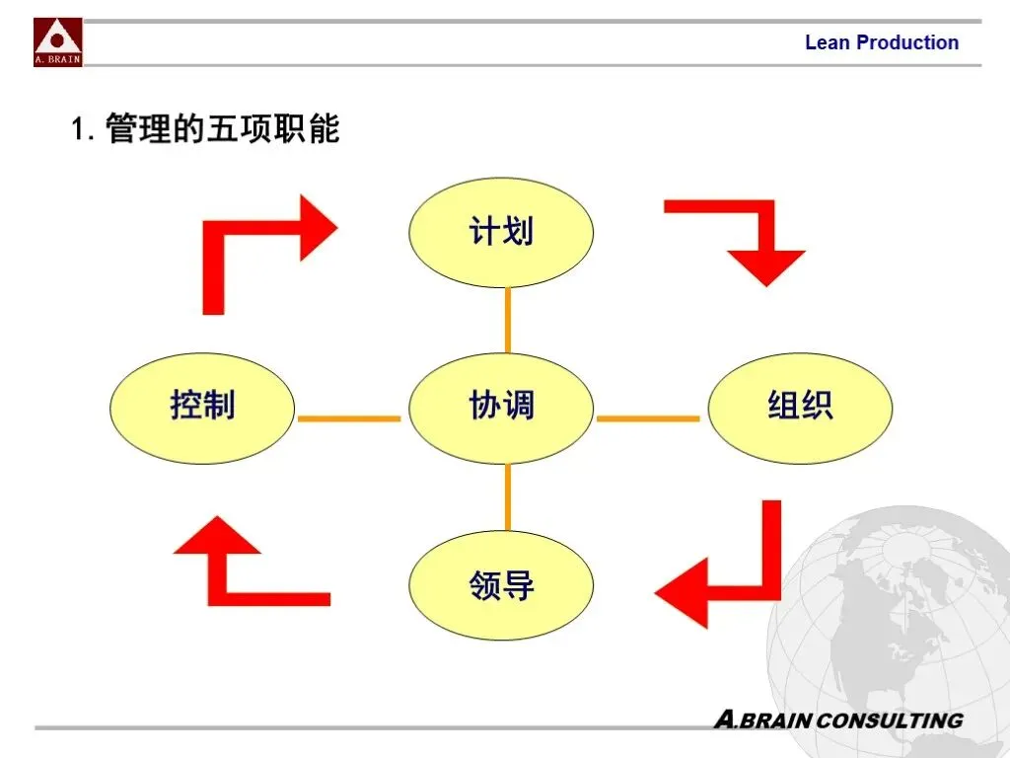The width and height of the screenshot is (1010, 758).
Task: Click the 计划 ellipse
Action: [501, 233]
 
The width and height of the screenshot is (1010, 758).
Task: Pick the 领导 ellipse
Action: [501, 585]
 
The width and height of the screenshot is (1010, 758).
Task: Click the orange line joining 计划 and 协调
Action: [508, 320]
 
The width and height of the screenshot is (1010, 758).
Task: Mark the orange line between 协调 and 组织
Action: [648, 418]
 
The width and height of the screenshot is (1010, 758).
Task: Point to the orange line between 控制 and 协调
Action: [349, 418]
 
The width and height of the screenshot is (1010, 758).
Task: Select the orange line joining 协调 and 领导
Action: [508, 496]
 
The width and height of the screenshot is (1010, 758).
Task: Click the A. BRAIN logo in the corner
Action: [58, 42]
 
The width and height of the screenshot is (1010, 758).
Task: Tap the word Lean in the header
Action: [827, 42]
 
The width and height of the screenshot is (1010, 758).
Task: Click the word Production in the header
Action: [907, 42]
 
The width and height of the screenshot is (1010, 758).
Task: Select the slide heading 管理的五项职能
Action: [222, 129]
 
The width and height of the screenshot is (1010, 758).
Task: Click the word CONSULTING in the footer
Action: [891, 720]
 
